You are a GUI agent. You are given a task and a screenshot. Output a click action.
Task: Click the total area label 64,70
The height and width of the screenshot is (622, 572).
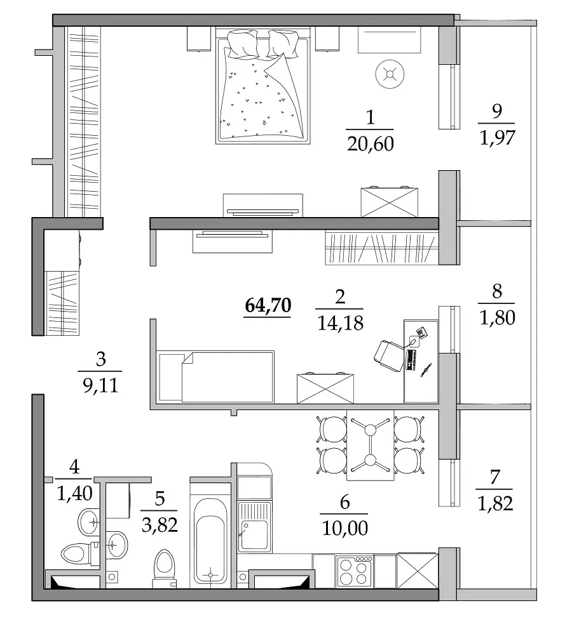(268, 305)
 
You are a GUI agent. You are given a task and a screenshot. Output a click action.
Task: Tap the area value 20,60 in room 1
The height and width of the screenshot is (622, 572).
(370, 143)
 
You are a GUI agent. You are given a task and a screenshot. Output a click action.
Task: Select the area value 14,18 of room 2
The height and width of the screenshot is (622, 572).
(340, 323)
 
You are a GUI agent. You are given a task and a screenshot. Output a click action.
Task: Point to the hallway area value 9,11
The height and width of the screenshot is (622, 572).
(100, 385)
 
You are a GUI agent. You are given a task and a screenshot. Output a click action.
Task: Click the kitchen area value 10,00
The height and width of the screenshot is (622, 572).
(344, 527)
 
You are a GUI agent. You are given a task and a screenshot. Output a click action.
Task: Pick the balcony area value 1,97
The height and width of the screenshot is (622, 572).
(497, 138)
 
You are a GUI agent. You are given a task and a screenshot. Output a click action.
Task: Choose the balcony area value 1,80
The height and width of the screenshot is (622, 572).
(497, 317)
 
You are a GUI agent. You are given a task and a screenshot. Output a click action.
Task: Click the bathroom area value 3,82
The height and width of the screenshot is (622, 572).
(160, 526)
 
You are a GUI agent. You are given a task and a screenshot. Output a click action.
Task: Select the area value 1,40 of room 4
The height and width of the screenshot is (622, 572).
(75, 493)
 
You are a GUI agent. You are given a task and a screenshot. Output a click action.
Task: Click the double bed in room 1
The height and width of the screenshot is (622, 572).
(262, 85)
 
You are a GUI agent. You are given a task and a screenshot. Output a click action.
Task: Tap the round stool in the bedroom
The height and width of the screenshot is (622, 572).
(390, 74)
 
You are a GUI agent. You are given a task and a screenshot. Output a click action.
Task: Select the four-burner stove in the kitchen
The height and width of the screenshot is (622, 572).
(354, 571)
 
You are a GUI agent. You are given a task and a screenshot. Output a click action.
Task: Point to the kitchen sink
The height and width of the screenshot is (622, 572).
(254, 526)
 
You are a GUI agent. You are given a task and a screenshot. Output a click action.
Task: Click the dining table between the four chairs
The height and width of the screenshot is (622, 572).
(370, 445)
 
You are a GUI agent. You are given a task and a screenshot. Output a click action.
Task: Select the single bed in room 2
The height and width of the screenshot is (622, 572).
(217, 377)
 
